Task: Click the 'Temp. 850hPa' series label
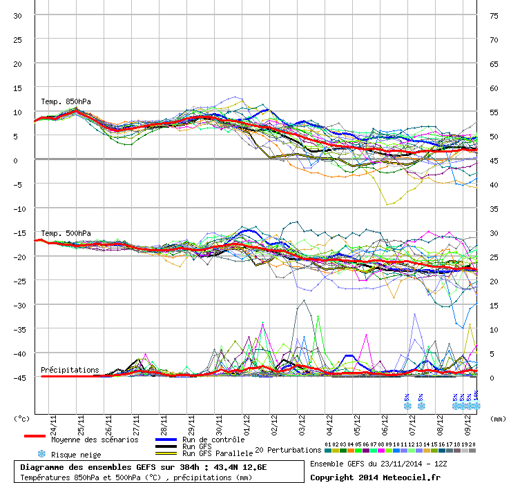[x=66, y=101]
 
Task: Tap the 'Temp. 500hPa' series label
[x=66, y=233]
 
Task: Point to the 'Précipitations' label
[x=69, y=370]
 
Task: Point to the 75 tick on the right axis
[x=494, y=16]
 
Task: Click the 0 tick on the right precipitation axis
[x=492, y=378]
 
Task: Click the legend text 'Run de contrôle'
[x=213, y=440]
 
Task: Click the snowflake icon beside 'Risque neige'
[x=41, y=454]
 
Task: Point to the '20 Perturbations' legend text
[x=288, y=450]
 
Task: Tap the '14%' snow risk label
[x=476, y=397]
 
